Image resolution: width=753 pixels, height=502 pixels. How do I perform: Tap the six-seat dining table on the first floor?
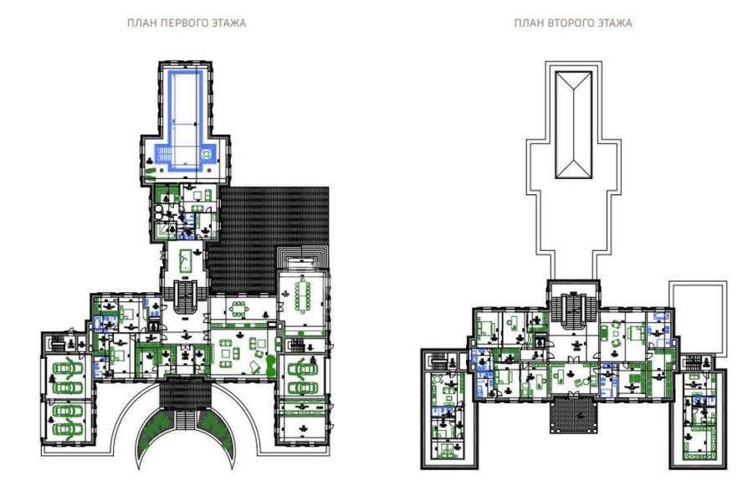click(238, 309)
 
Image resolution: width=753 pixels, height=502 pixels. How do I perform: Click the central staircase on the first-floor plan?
click(185, 298)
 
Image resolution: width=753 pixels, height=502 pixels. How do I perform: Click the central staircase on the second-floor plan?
click(572, 310)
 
